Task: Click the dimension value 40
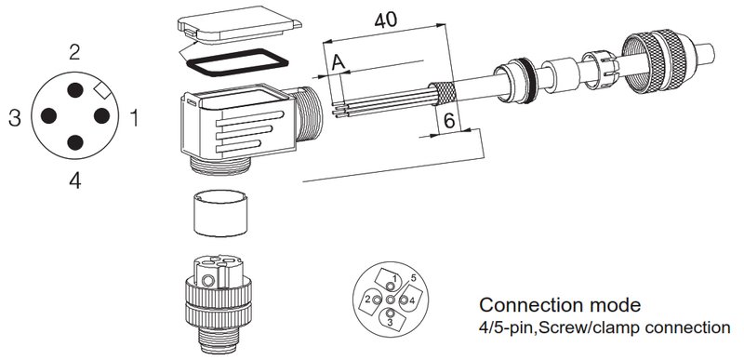386,20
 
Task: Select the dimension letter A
338,62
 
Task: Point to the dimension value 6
449,122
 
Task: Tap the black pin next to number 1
101,115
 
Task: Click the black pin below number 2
75,90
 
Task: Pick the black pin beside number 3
49,115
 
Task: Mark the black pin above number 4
75,142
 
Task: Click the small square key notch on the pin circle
102,89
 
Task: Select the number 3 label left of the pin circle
15,117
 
